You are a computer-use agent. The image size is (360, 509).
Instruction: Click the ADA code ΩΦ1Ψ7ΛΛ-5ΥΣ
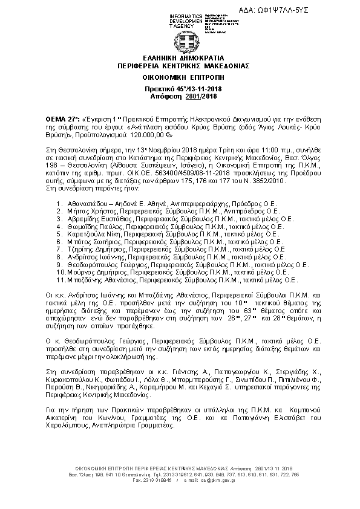[316, 10]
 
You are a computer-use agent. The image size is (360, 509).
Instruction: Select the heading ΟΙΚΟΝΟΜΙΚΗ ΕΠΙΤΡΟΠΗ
[180, 78]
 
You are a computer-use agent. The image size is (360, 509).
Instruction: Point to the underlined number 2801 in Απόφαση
[192, 97]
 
